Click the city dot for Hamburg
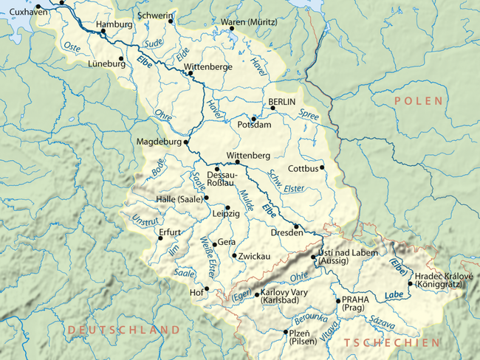pyautogui.click(x=103, y=32)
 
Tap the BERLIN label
pyautogui.click(x=281, y=101)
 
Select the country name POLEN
pyautogui.click(x=418, y=100)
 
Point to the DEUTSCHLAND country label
pyautogui.click(x=124, y=330)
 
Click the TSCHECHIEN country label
pyautogui.click(x=391, y=342)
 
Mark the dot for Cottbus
pyautogui.click(x=322, y=167)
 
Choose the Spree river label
pyautogui.click(x=309, y=114)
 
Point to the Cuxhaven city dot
pyautogui.click(x=38, y=7)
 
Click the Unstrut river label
pyautogui.click(x=144, y=219)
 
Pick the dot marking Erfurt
pyautogui.click(x=160, y=238)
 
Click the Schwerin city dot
pyautogui.click(x=171, y=21)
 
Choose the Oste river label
pyautogui.click(x=72, y=47)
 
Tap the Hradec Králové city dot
pyautogui.click(x=410, y=283)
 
